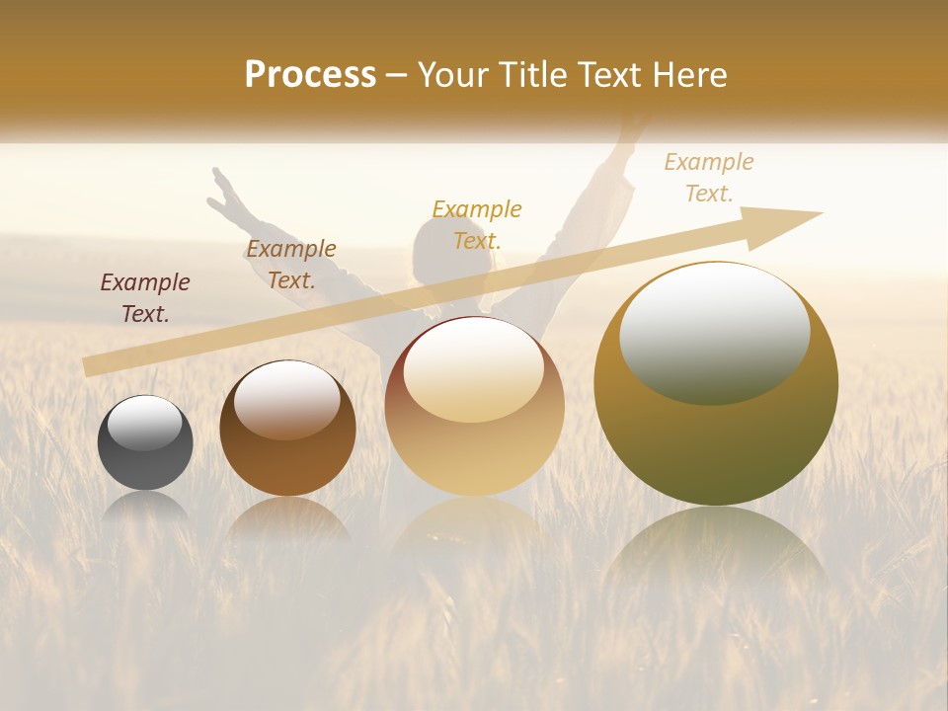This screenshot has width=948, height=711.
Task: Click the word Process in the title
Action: coord(310,75)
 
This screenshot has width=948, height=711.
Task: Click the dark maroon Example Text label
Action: coord(145,297)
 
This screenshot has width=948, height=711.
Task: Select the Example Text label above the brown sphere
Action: coord(291,264)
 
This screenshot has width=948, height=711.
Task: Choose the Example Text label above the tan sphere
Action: coord(477,224)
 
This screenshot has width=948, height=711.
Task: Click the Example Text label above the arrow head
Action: coord(709,177)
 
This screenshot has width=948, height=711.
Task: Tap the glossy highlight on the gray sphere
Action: coord(145,423)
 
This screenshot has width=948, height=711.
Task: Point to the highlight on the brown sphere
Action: coord(287,397)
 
